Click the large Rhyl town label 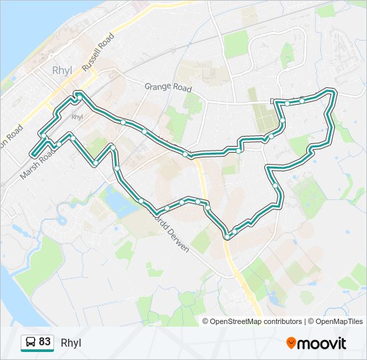click(61, 71)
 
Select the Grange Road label click(168, 87)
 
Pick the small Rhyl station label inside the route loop click(77, 117)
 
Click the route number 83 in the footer click(45, 342)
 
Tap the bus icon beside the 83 click(30, 343)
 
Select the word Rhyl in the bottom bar click(71, 343)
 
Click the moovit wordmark click(322, 343)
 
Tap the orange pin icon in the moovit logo click(291, 343)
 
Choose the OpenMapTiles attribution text click(337, 321)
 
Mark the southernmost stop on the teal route click(228, 237)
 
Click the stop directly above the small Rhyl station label click(79, 97)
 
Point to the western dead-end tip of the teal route click(31, 155)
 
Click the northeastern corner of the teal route click(332, 91)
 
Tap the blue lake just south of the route click(115, 201)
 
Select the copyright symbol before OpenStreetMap click(206, 321)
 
